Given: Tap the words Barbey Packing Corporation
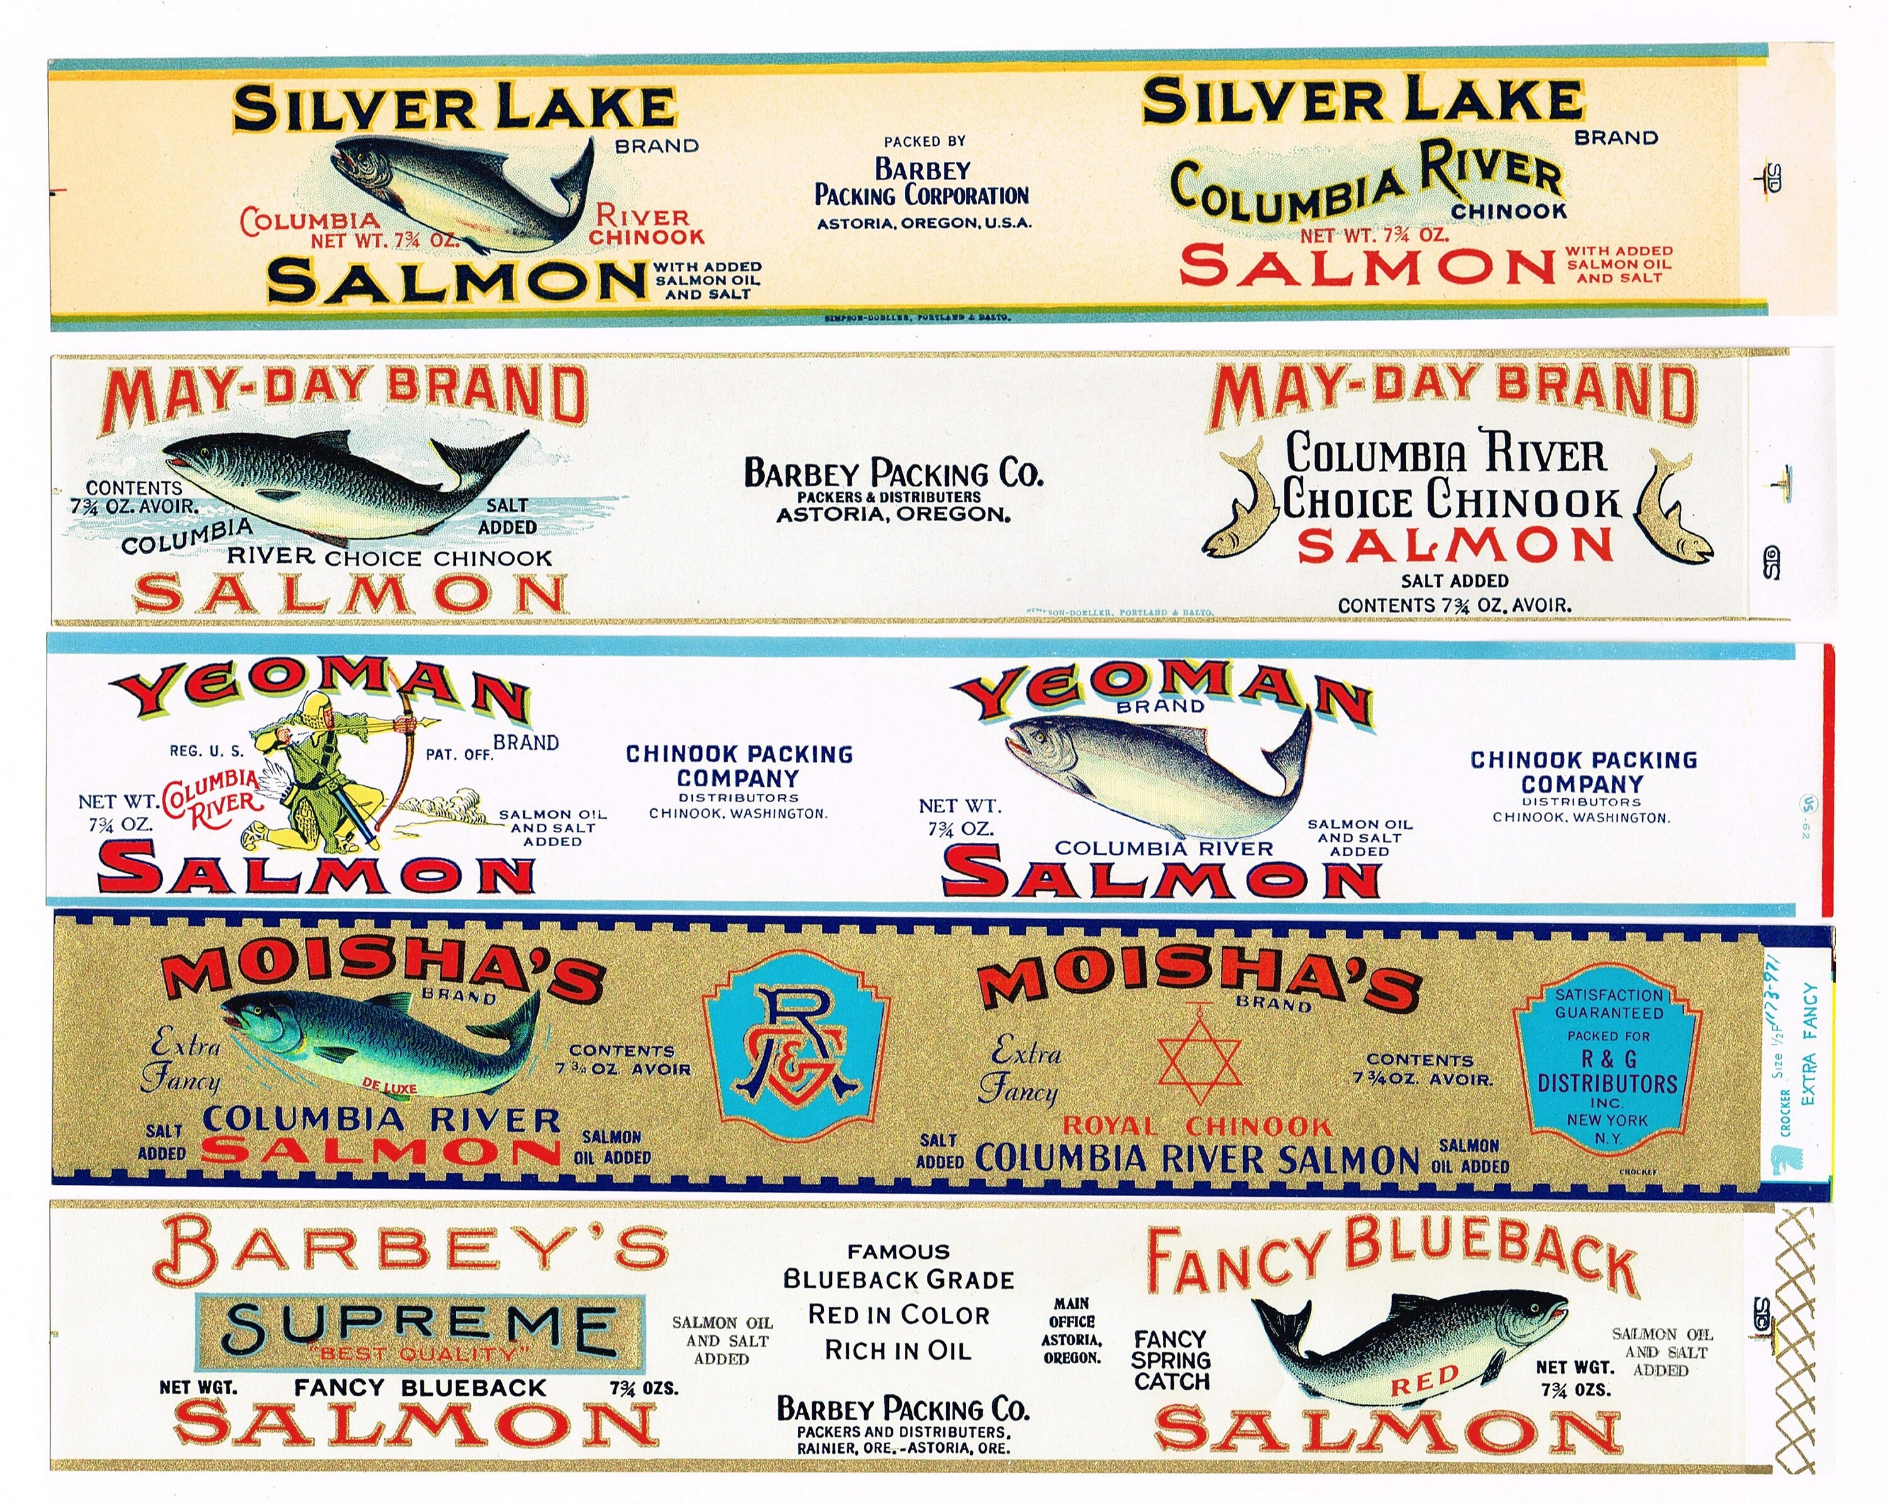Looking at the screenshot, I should [x=922, y=182].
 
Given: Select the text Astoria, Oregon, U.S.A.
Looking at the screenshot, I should [x=924, y=223].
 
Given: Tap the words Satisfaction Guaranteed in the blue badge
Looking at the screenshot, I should [x=1609, y=1004].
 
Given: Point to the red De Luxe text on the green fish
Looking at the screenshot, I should [x=390, y=1088].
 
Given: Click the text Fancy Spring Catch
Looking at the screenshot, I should [x=1171, y=1360].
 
